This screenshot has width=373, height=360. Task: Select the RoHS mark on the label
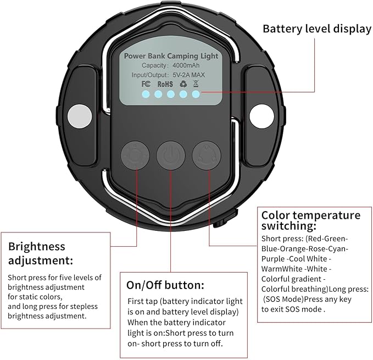click(165, 84)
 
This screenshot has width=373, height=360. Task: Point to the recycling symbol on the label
click(183, 84)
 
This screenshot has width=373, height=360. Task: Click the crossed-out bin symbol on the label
click(196, 84)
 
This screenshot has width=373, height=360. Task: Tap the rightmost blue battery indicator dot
click(196, 95)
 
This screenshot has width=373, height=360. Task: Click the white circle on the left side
click(79, 115)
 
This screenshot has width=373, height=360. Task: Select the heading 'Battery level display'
click(316, 29)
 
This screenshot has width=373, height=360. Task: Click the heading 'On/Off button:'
click(165, 285)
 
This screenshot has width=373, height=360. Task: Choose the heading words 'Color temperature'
click(311, 215)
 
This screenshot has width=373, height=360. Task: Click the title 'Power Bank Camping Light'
click(171, 56)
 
